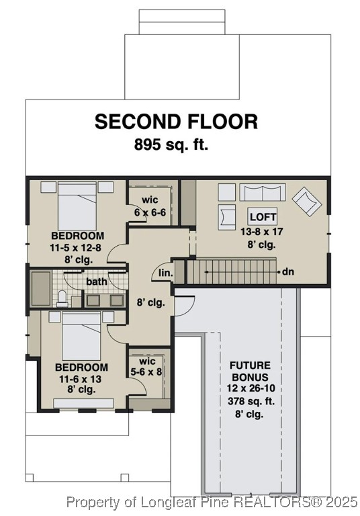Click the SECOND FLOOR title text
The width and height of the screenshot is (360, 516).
tap(176, 122)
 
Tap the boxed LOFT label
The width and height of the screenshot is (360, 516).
tap(261, 217)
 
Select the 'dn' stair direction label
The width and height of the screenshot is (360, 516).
tap(288, 272)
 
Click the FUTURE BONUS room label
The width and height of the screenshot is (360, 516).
tap(251, 372)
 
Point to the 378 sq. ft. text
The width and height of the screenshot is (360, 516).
tap(250, 401)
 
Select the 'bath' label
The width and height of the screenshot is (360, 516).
tap(97, 282)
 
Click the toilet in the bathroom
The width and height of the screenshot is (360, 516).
tap(62, 298)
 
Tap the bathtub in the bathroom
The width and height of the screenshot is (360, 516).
tap(41, 289)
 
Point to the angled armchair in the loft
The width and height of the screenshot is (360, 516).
tap(307, 200)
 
